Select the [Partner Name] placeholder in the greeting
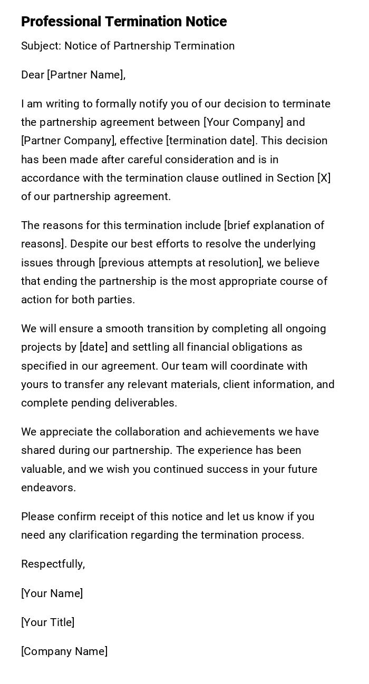click(86, 75)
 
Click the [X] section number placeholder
click(324, 178)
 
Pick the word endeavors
click(47, 488)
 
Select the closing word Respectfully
click(52, 564)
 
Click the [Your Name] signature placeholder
click(52, 593)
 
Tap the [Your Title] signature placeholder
click(48, 622)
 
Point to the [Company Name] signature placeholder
click(64, 651)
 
